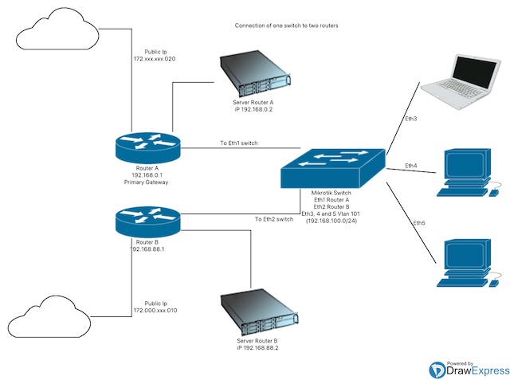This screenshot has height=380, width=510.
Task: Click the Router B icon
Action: pyautogui.click(x=147, y=217)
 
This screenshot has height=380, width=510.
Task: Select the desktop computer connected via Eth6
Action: pyautogui.click(x=469, y=264)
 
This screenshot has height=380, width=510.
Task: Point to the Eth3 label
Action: pyautogui.click(x=410, y=119)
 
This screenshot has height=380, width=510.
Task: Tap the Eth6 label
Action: pyautogui.click(x=419, y=222)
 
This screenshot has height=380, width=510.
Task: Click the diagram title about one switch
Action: pyautogui.click(x=286, y=25)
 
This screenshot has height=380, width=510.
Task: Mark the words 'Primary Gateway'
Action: pyautogui.click(x=147, y=182)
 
